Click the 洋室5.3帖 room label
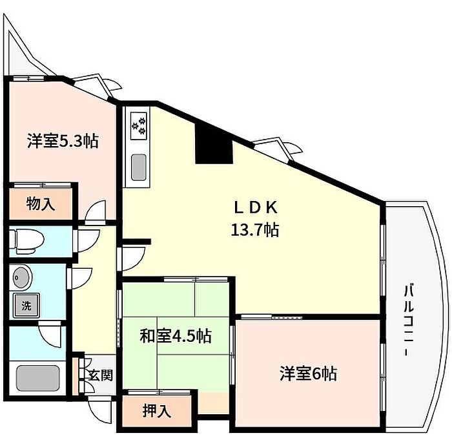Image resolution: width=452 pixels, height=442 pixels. [x=63, y=141]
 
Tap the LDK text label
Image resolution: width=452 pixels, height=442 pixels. [x=256, y=207]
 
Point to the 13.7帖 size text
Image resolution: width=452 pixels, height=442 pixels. [x=255, y=229]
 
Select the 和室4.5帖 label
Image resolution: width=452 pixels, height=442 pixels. [x=176, y=336]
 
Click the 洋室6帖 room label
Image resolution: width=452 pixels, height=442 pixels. [x=308, y=374]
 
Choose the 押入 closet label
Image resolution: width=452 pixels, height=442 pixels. [x=157, y=411]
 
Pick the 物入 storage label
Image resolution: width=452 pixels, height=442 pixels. [x=40, y=204]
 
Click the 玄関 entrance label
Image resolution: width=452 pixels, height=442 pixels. [x=100, y=375]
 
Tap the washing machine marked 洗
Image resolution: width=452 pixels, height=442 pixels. [x=26, y=306]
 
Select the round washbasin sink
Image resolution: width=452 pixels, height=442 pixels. [x=22, y=278]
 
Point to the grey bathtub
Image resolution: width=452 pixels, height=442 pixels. [x=37, y=378]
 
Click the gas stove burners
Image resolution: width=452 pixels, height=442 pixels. [x=139, y=126]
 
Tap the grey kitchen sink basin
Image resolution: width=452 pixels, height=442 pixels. [x=139, y=167]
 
